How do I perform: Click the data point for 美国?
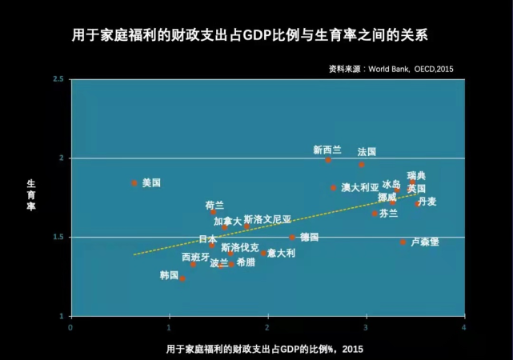point(134,183)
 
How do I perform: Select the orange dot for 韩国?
point(182,278)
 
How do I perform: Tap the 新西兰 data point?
point(328,160)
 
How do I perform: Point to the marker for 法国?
point(362,165)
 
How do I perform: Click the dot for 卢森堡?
point(403,242)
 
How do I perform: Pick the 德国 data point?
point(292,238)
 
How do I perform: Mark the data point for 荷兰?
point(214,212)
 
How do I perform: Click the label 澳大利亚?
point(360,187)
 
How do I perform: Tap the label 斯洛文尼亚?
point(267,219)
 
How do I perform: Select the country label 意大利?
point(282,253)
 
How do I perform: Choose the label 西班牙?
point(195,258)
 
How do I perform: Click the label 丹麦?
point(427,202)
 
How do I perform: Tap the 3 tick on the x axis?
point(366,327)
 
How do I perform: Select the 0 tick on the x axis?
point(70,327)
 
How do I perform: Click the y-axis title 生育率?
point(31,195)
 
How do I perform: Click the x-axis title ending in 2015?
point(265,350)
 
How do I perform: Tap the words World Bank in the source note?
point(389,69)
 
